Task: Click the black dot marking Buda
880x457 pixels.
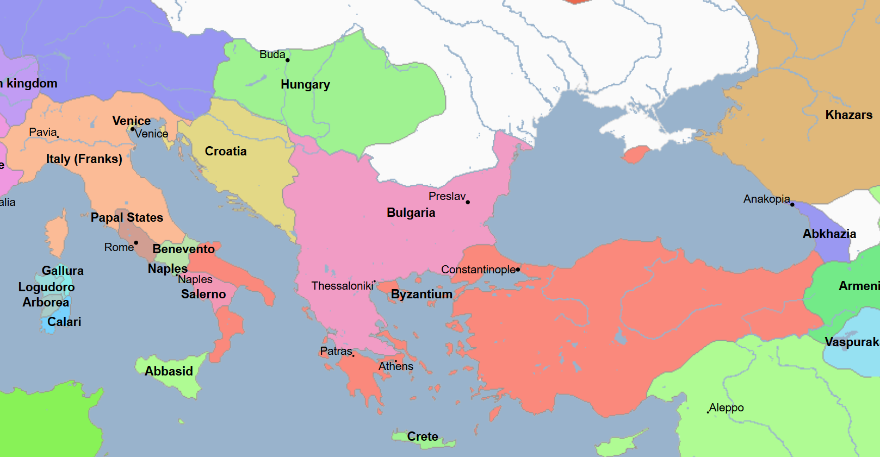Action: (x=288, y=60)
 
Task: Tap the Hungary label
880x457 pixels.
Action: (x=305, y=84)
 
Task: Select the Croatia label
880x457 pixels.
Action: (x=226, y=151)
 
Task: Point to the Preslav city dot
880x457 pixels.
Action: (x=468, y=202)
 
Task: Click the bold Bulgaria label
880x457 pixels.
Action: (x=411, y=212)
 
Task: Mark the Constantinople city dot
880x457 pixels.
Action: (x=518, y=270)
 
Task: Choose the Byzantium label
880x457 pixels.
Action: (x=422, y=294)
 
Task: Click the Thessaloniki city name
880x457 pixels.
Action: (x=342, y=286)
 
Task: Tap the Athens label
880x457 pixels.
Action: (x=396, y=366)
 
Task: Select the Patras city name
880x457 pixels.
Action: (x=336, y=351)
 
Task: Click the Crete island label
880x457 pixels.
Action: (x=423, y=436)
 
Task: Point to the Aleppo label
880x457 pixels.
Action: (x=727, y=408)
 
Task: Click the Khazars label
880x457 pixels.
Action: (x=848, y=115)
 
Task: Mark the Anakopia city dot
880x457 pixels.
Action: (x=792, y=204)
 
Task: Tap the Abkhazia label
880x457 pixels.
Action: (x=829, y=234)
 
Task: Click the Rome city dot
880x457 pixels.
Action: (x=136, y=243)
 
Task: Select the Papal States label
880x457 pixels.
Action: (x=127, y=217)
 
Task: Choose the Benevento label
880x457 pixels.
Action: (x=184, y=249)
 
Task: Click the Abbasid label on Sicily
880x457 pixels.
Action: (x=169, y=371)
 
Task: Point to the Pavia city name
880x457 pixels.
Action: (x=42, y=132)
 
